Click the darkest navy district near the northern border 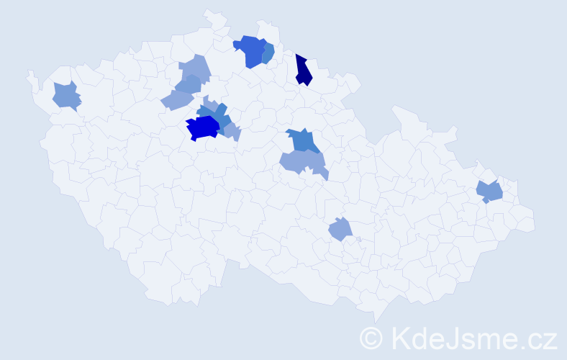click(303, 71)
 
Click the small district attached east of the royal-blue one click(268, 54)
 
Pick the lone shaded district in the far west click(66, 96)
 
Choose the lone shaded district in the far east click(490, 191)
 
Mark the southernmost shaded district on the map click(340, 230)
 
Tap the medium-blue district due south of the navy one click(301, 140)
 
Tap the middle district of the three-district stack click(188, 84)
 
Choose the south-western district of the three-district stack click(175, 100)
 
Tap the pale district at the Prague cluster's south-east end click(232, 131)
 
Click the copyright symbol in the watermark click(372, 337)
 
